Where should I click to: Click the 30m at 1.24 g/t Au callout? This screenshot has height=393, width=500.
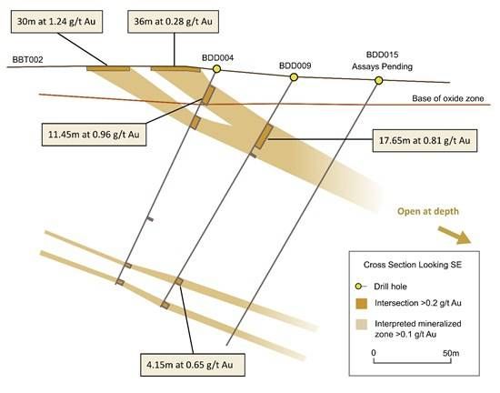[x=56, y=22]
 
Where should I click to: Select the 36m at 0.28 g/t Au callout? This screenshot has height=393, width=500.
[x=173, y=22]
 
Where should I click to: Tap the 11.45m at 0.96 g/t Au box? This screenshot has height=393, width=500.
[x=94, y=135]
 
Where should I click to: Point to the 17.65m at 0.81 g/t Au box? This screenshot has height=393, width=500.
[x=425, y=141]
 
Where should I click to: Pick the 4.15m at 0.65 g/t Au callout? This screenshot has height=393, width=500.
[x=193, y=365]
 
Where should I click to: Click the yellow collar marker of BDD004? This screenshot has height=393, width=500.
[x=217, y=68]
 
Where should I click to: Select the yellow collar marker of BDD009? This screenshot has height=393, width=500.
[x=294, y=77]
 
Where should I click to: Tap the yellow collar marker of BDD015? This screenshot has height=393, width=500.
[x=378, y=81]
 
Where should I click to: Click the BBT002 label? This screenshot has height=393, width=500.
[x=27, y=60]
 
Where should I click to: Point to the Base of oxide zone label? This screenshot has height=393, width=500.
[x=447, y=98]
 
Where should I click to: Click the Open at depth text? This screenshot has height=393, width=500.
[x=428, y=211]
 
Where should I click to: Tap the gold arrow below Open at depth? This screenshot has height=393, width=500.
[x=454, y=235]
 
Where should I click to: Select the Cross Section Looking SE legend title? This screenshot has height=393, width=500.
[x=413, y=265]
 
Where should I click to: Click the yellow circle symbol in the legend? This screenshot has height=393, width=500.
[x=358, y=287]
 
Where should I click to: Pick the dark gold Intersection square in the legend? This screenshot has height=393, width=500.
[x=361, y=303]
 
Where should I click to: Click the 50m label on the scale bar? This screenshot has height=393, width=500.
[x=451, y=353]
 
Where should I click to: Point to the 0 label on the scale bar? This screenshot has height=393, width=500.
[x=374, y=353]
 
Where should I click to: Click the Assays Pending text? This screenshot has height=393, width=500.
[x=382, y=66]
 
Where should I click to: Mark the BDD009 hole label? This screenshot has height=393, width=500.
[x=295, y=65]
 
